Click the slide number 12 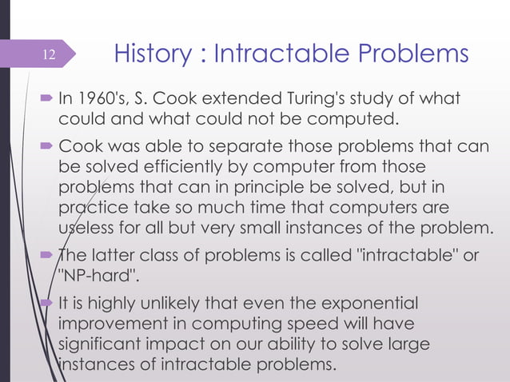50,55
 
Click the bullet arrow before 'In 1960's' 46,101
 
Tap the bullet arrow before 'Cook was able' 46,149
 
